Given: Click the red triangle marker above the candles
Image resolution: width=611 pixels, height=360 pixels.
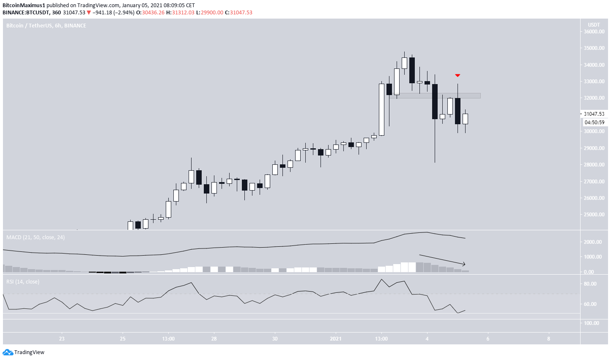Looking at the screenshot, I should [458, 75].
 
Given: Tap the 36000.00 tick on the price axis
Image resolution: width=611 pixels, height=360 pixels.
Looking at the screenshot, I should [594, 32].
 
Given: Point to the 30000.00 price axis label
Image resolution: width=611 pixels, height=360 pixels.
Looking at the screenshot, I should [594, 131].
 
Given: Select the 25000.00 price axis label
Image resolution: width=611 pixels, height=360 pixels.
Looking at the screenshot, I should [594, 215].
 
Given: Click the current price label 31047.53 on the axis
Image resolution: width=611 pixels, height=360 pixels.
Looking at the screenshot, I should [594, 114].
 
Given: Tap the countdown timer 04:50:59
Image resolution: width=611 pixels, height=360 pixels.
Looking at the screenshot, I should [594, 123].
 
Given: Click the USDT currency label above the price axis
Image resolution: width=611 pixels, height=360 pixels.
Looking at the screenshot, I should [594, 25].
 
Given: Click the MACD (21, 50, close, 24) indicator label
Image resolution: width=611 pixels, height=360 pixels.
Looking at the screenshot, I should [36, 237].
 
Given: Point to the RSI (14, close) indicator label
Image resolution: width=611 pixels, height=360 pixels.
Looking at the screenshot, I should [23, 282].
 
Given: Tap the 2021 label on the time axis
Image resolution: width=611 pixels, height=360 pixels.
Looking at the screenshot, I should [336, 339].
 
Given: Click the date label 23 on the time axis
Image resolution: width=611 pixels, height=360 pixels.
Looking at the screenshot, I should [62, 339].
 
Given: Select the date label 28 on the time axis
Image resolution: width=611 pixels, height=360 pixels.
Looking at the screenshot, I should [214, 339].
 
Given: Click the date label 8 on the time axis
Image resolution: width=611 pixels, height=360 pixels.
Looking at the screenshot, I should [548, 339].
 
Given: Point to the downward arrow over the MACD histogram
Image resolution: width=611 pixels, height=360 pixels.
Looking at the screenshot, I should [442, 260].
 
